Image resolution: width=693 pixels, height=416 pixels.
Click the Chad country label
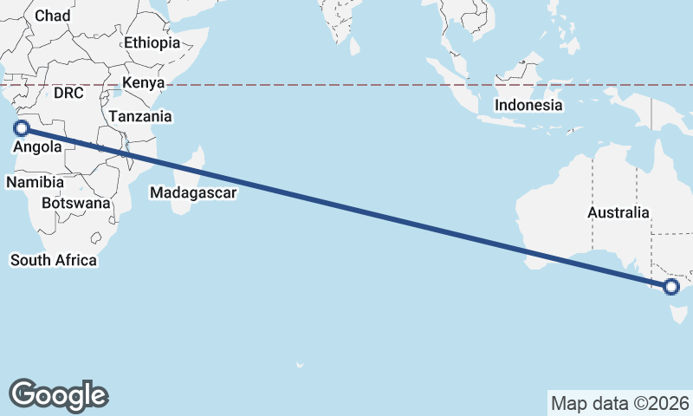click(x=52, y=16)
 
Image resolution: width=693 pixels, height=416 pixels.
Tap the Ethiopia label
click(x=152, y=42)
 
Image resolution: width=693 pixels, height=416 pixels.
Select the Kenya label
click(x=143, y=83)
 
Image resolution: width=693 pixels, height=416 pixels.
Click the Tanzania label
click(x=140, y=116)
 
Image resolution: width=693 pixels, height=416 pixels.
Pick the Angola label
click(x=37, y=147)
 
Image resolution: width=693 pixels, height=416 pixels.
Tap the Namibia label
click(x=35, y=183)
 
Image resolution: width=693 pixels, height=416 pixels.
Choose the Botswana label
click(x=75, y=204)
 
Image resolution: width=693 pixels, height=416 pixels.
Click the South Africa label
click(x=53, y=260)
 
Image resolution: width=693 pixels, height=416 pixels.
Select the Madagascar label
click(x=192, y=193)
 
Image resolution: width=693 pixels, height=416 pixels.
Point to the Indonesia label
click(x=528, y=106)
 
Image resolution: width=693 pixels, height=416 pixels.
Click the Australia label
click(x=618, y=212)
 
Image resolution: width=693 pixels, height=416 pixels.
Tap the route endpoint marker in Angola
click(x=22, y=128)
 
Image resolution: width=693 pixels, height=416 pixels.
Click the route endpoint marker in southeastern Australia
click(x=670, y=287)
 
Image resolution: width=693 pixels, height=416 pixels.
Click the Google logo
click(x=58, y=394)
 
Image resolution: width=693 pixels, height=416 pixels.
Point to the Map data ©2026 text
click(x=619, y=403)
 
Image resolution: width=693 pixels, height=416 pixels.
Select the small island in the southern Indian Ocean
click(x=300, y=365)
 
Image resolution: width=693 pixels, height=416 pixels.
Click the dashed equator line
click(x=346, y=85)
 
